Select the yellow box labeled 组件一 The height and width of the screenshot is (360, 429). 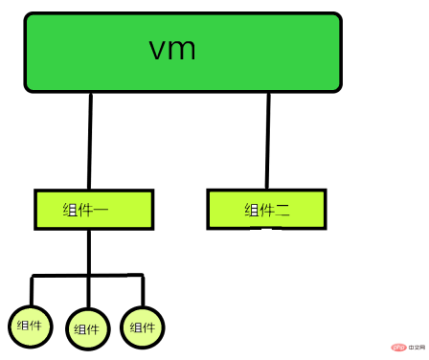pyautogui.click(x=93, y=209)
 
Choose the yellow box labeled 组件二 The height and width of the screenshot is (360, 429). pyautogui.click(x=266, y=209)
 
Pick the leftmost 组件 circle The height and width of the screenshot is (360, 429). pyautogui.click(x=30, y=326)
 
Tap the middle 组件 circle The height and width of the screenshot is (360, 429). pyautogui.click(x=89, y=328)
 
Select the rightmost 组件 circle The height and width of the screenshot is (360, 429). pyautogui.click(x=142, y=326)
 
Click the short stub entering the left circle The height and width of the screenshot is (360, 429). pyautogui.click(x=32, y=291)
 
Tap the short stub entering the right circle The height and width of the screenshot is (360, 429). pyautogui.click(x=143, y=291)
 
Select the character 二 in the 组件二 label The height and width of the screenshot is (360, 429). pyautogui.click(x=282, y=211)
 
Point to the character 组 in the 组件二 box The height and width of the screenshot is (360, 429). pyautogui.click(x=250, y=211)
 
